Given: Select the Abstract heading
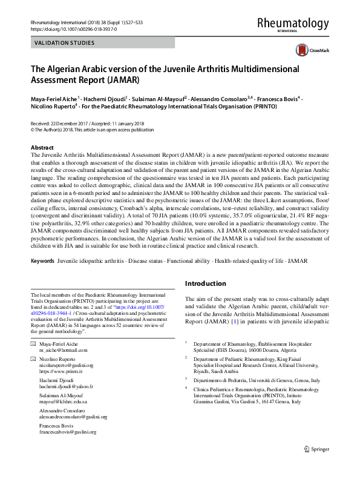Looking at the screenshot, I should coord(44,148).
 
